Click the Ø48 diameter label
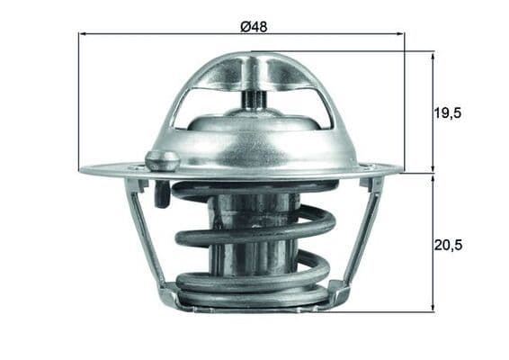coord(253,25)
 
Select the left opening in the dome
coord(203,103)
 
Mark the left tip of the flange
coord(83,169)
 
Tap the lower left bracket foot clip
coord(170,293)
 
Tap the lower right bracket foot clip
coord(335,292)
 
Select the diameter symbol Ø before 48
coord(244,25)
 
